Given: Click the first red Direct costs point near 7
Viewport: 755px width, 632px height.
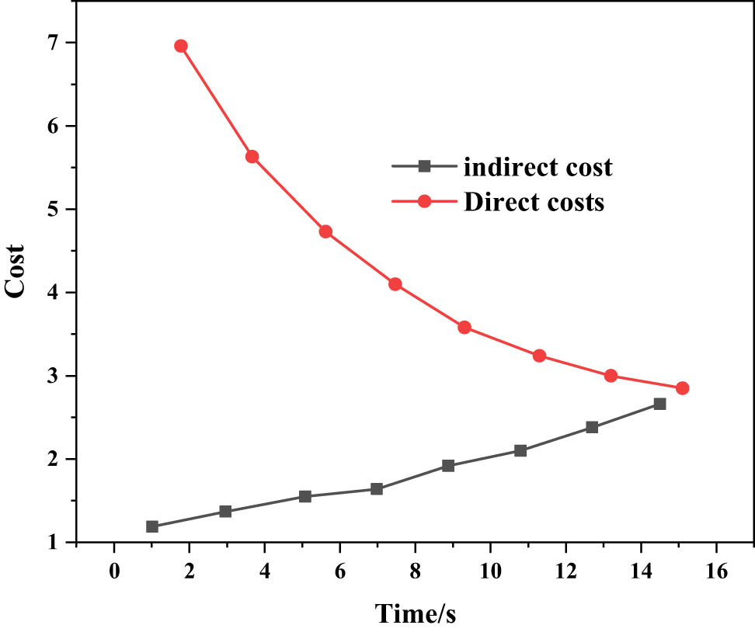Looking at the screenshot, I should pos(181,46).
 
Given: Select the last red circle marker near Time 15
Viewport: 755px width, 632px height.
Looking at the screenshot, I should pos(682,388).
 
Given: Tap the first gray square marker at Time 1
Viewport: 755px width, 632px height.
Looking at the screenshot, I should pos(152,526).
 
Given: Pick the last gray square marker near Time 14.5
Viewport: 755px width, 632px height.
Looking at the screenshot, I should pos(659,404).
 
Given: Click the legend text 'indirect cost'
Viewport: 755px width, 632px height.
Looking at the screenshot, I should pos(538,166).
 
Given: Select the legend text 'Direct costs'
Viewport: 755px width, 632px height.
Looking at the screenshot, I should pos(534,203).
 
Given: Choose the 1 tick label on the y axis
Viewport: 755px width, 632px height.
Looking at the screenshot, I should pos(51,543).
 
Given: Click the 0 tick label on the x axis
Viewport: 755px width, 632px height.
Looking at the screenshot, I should pos(114,571).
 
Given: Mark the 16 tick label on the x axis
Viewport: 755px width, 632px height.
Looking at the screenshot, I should pos(716,571).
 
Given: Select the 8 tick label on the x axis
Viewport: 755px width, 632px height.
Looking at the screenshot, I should pos(415,571).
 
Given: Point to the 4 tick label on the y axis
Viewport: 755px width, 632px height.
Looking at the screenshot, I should pos(51,293).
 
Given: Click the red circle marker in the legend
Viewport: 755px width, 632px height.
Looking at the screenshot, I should pos(424,202).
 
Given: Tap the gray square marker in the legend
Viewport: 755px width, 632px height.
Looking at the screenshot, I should pos(424,165).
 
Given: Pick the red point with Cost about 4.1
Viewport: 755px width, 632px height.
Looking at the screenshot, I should pos(395,284).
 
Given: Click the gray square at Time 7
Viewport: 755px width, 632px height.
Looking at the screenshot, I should pos(377,489).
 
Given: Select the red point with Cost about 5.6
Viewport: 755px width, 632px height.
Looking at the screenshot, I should pos(252,157).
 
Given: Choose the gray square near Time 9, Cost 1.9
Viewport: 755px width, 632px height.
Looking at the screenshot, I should pos(448,466).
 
